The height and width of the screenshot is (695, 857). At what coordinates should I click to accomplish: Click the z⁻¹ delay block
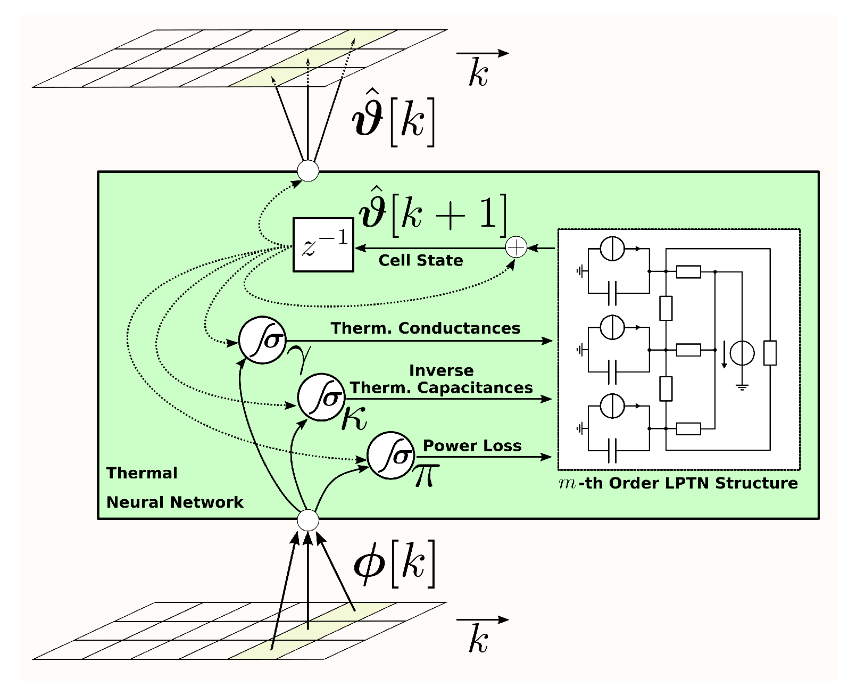(323, 245)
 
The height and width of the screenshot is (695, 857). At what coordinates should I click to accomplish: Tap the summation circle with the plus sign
(516, 247)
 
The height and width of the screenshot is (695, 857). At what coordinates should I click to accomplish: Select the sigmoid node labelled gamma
(262, 340)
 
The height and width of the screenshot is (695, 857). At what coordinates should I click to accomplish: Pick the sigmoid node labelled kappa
(321, 397)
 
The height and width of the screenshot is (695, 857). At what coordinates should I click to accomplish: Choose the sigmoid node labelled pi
(391, 456)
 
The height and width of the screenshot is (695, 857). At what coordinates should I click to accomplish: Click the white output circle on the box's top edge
(308, 171)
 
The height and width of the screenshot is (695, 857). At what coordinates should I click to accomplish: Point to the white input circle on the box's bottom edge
(308, 520)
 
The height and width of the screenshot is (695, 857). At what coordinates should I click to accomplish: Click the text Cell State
(421, 260)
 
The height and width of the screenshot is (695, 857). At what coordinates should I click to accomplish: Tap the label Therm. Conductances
(425, 328)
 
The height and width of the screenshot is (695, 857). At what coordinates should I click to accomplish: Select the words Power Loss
(472, 445)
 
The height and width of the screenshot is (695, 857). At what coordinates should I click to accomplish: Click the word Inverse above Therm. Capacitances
(442, 370)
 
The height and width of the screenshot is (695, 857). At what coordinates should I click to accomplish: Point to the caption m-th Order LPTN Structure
(678, 483)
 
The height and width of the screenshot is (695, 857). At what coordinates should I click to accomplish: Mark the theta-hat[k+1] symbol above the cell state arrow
(433, 212)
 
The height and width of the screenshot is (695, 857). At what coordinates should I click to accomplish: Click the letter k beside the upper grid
(478, 72)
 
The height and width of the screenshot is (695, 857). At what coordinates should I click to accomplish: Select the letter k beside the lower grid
(478, 638)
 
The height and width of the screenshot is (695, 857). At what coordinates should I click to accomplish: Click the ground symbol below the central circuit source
(742, 387)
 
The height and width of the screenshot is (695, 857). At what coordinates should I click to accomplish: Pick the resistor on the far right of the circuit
(770, 353)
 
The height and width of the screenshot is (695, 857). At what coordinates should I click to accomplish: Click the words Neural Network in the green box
(175, 502)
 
